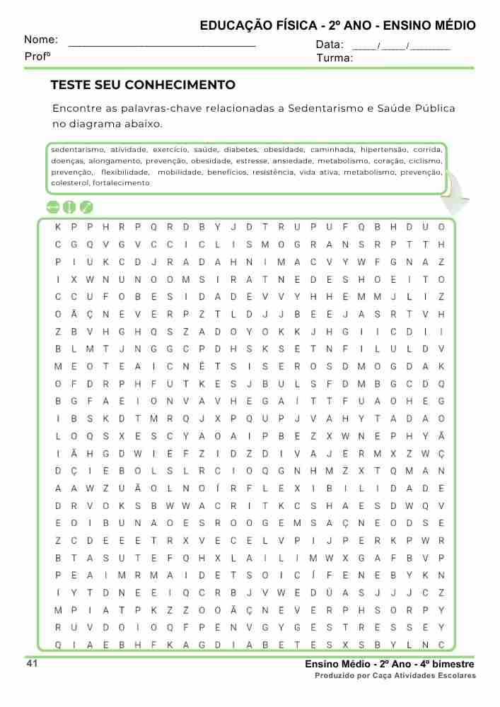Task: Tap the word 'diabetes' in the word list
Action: (240, 150)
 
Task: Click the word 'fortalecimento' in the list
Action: (122, 182)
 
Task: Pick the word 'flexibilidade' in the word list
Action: (125, 172)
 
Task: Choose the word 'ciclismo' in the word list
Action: (426, 160)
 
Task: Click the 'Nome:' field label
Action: (41, 40)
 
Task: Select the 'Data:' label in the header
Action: (329, 45)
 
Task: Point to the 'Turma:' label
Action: (335, 58)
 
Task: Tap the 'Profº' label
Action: (37, 56)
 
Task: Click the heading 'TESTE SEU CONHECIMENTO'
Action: (143, 86)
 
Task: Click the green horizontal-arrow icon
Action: (52, 207)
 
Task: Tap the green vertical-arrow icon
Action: (69, 207)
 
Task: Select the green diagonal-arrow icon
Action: (86, 207)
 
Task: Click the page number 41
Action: (32, 663)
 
